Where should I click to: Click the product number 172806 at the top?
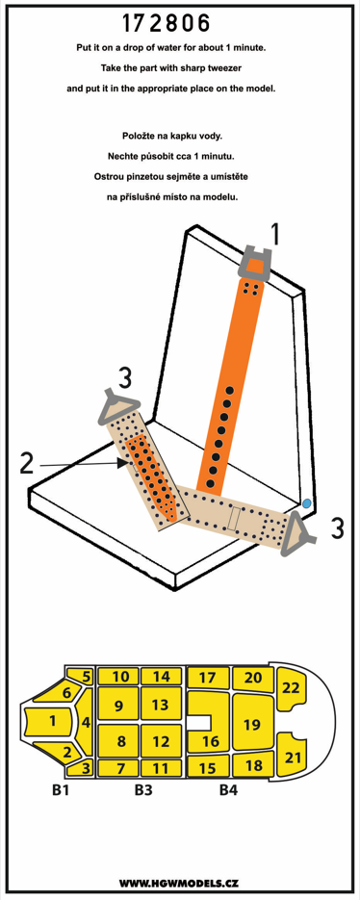166,23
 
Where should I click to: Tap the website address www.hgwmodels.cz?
180,882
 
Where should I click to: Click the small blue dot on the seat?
307,502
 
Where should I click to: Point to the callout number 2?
26,464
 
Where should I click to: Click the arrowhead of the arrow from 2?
120,463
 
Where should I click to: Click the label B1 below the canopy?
62,790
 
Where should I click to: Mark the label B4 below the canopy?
228,790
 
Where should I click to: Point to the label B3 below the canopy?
144,790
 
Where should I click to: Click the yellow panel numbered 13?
162,704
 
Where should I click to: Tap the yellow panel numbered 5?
83,675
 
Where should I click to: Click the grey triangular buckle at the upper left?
119,402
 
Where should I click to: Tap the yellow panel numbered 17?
208,677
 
